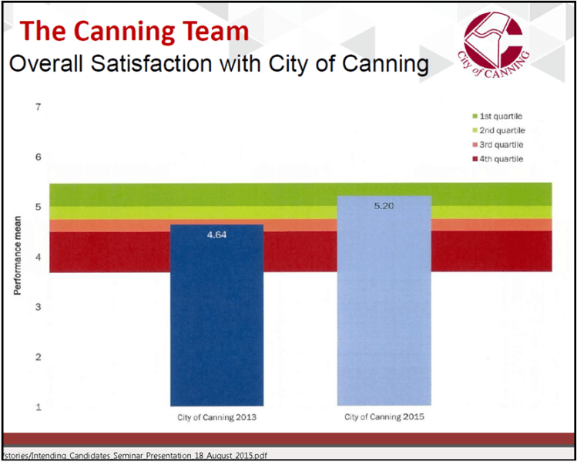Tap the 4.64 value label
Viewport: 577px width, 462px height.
click(x=216, y=233)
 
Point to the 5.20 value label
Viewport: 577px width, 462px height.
click(x=383, y=206)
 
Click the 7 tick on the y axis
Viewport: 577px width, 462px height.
click(x=38, y=106)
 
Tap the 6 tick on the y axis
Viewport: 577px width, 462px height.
click(x=38, y=157)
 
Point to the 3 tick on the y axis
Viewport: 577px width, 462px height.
click(x=38, y=307)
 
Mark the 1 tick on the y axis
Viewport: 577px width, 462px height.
click(x=38, y=406)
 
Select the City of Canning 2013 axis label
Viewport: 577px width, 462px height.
click(x=216, y=417)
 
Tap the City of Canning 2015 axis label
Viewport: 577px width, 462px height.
click(x=383, y=417)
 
